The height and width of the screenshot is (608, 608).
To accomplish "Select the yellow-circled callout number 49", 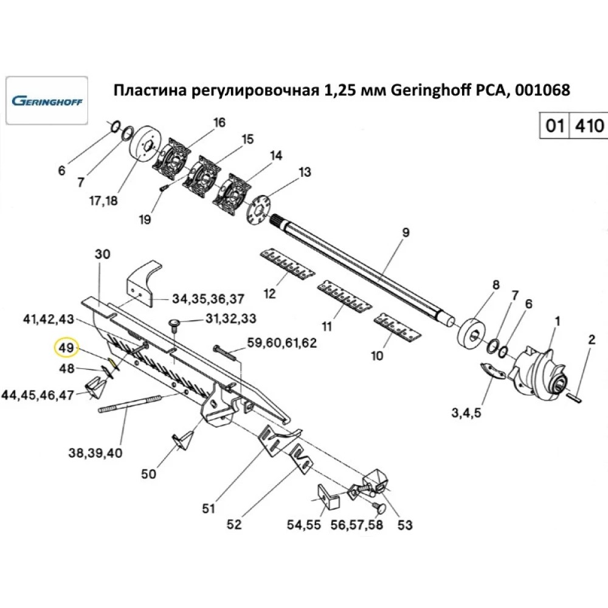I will pos(64,348).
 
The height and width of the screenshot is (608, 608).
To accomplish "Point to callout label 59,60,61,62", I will pos(282,343).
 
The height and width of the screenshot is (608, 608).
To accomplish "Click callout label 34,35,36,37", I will pos(208,299).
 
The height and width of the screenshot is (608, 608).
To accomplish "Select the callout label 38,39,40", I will pos(95,452).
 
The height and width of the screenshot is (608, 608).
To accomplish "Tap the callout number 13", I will pos(303,172).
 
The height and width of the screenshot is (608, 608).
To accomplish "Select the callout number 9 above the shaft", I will pos(406,232).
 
